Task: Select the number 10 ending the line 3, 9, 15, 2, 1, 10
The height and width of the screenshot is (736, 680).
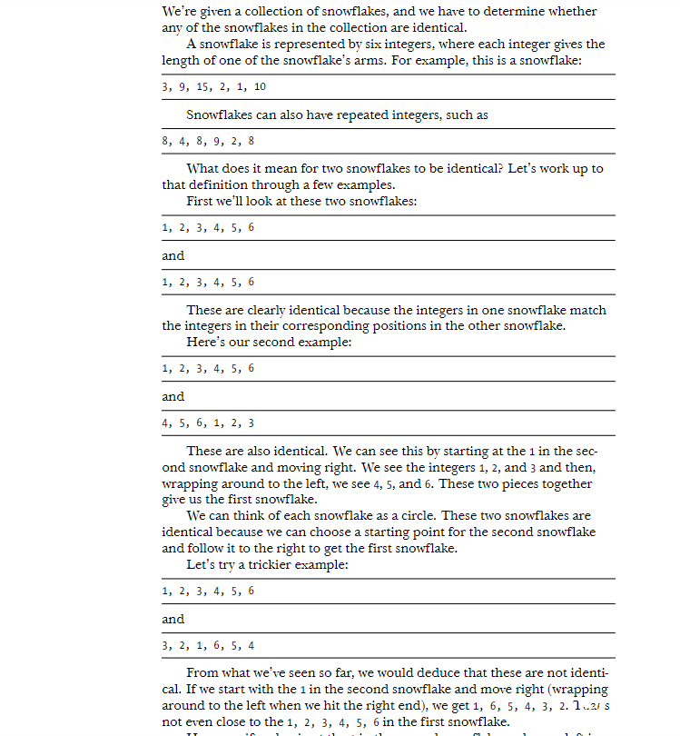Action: (x=261, y=87)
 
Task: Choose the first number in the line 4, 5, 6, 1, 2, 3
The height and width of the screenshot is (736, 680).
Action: (x=165, y=423)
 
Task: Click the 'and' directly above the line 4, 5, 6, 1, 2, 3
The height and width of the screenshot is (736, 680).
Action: (x=172, y=396)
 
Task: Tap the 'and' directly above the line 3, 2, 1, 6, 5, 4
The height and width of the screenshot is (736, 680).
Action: (x=172, y=619)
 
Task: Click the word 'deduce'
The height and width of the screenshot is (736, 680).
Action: (x=415, y=673)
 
